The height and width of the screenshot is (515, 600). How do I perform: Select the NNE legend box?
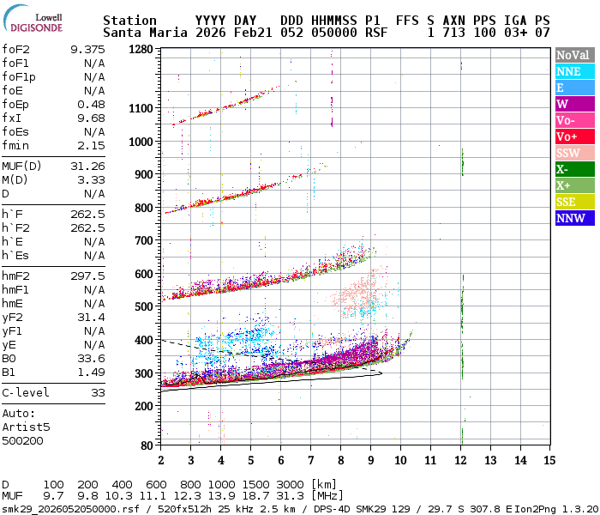click(573, 72)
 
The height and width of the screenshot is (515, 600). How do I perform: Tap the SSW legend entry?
click(573, 153)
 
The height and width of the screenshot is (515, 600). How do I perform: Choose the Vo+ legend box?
click(573, 136)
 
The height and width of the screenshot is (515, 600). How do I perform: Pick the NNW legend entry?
click(573, 218)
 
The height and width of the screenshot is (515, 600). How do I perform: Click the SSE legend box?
click(573, 202)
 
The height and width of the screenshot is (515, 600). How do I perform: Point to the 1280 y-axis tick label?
click(140, 50)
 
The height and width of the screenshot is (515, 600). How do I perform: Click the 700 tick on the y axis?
click(143, 241)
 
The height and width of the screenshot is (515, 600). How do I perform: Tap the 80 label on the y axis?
click(147, 445)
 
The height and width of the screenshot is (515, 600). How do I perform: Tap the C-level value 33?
click(98, 392)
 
